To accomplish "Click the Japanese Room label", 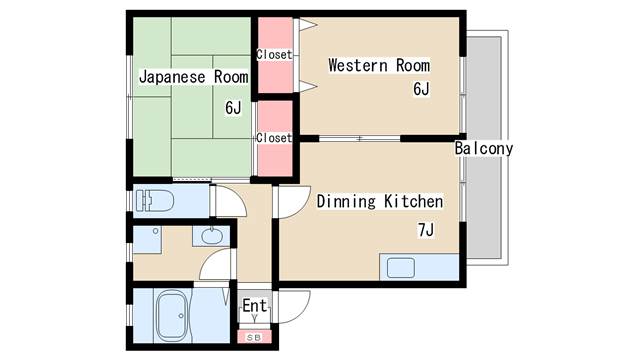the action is [x=193, y=77].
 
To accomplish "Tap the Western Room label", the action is [x=379, y=65].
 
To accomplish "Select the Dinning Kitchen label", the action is [x=380, y=202].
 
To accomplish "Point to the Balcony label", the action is [x=484, y=148].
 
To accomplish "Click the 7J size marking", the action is [x=426, y=230].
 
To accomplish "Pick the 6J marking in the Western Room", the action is [x=421, y=89].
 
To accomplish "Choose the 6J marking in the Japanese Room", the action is [x=233, y=108].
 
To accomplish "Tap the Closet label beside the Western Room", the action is [x=274, y=54].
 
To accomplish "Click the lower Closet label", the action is [x=274, y=138].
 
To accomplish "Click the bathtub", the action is [x=172, y=316].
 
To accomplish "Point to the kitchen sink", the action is [x=401, y=268].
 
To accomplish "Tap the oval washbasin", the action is [x=212, y=236].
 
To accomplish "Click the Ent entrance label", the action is [x=255, y=305].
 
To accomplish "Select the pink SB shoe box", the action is [x=254, y=337].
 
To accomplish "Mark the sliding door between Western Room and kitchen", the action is [x=360, y=138].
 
